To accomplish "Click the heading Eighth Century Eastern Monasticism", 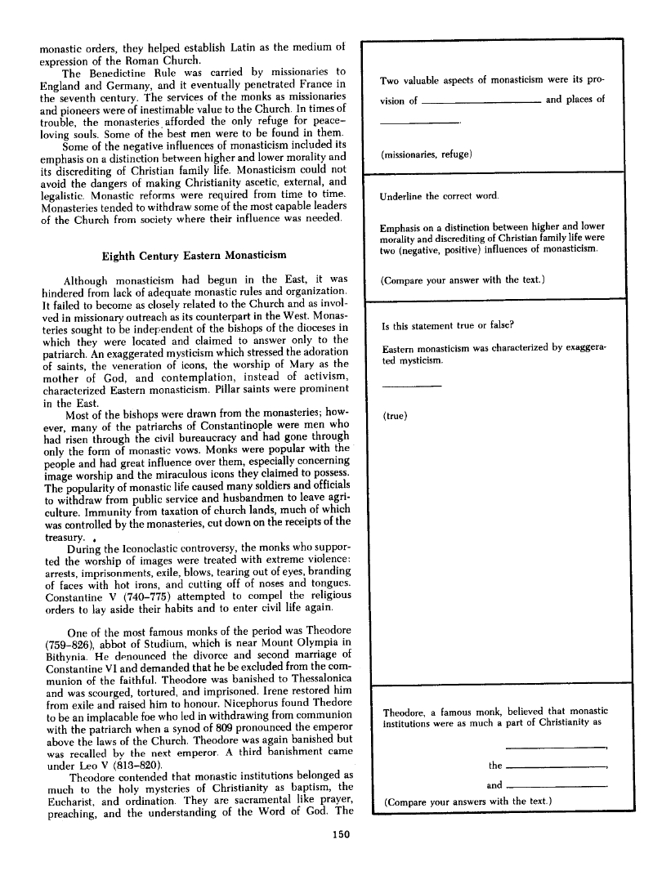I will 194,255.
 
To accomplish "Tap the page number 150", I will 342,834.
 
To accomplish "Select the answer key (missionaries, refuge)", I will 428,154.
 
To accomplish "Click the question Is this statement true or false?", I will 448,325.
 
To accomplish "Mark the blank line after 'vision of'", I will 481,104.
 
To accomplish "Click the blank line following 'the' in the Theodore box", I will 557,767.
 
